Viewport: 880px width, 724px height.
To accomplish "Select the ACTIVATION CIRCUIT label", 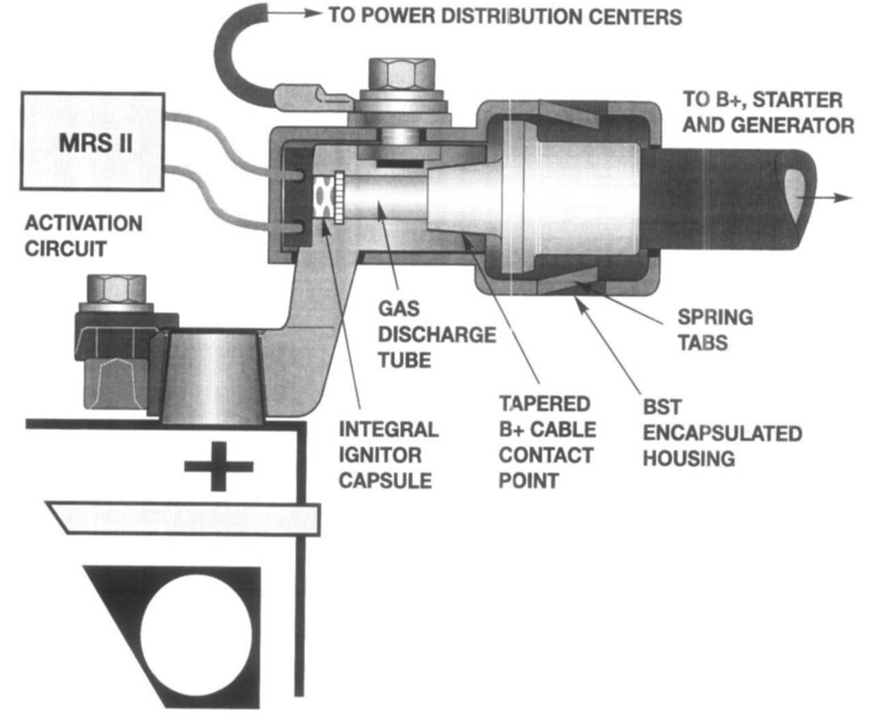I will coord(83,235).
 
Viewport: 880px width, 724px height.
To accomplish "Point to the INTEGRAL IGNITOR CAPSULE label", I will coord(388,454).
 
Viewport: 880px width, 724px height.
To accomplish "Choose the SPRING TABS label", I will coord(714,329).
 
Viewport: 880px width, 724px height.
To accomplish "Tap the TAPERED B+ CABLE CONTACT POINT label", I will coord(546,441).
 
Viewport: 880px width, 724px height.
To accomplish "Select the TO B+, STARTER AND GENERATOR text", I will coord(767,112).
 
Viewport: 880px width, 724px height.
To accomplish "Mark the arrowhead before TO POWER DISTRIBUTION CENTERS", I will coord(315,14).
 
